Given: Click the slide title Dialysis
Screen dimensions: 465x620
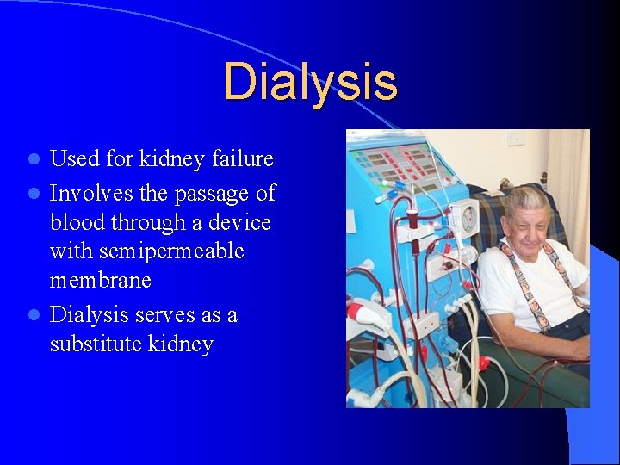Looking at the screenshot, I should (x=310, y=81).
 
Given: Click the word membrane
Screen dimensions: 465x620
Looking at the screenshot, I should (x=100, y=282).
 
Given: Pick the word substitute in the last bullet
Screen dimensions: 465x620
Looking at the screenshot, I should (x=96, y=344).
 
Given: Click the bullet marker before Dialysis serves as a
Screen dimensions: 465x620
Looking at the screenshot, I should (x=34, y=316).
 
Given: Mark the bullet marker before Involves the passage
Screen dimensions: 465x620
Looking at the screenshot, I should (x=34, y=192).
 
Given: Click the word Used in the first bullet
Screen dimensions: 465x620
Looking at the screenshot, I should (x=73, y=159).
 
